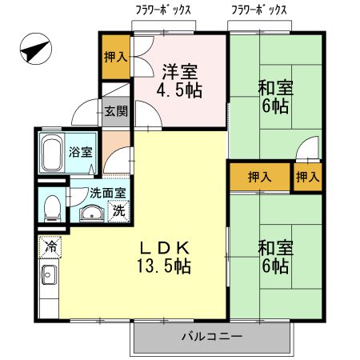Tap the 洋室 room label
pyautogui.click(x=180, y=70)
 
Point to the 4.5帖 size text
pyautogui.click(x=180, y=90)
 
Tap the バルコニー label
pyautogui.click(x=211, y=335)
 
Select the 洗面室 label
pyautogui.click(x=106, y=193)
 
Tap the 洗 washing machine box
pyautogui.click(x=118, y=212)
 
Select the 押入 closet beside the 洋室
pyautogui.click(x=115, y=58)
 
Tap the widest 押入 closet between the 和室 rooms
pyautogui.click(x=258, y=177)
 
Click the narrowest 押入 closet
pyautogui.click(x=307, y=177)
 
